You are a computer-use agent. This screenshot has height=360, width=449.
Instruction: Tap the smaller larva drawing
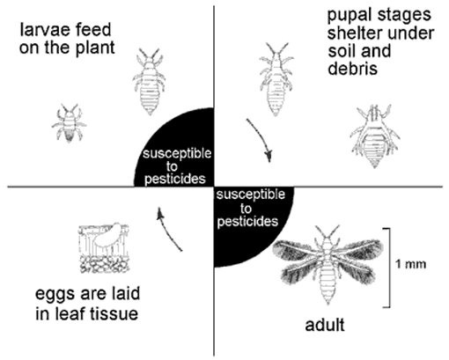pyautogui.click(x=70, y=123)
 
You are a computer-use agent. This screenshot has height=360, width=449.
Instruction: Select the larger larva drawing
pyautogui.click(x=149, y=82)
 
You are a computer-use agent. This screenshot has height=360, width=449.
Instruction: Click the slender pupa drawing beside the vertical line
pyautogui.click(x=276, y=79)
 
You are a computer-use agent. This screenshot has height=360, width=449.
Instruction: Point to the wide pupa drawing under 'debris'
pyautogui.click(x=374, y=136)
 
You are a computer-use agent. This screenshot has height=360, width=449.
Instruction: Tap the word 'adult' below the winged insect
pyautogui.click(x=325, y=325)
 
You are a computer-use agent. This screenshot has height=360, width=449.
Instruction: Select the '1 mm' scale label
pyautogui.click(x=410, y=264)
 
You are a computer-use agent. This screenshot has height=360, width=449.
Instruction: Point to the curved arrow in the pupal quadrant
pyautogui.click(x=261, y=138)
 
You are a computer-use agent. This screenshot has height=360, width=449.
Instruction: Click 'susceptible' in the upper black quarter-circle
pyautogui.click(x=177, y=153)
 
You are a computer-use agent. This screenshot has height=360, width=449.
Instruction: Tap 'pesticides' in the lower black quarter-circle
pyautogui.click(x=247, y=222)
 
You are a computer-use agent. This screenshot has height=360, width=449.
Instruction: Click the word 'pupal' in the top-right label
pyautogui.click(x=347, y=15)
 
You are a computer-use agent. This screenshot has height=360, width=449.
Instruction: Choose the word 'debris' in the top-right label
pyautogui.click(x=352, y=69)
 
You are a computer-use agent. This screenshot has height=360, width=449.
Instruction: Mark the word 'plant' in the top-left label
pyautogui.click(x=95, y=48)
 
